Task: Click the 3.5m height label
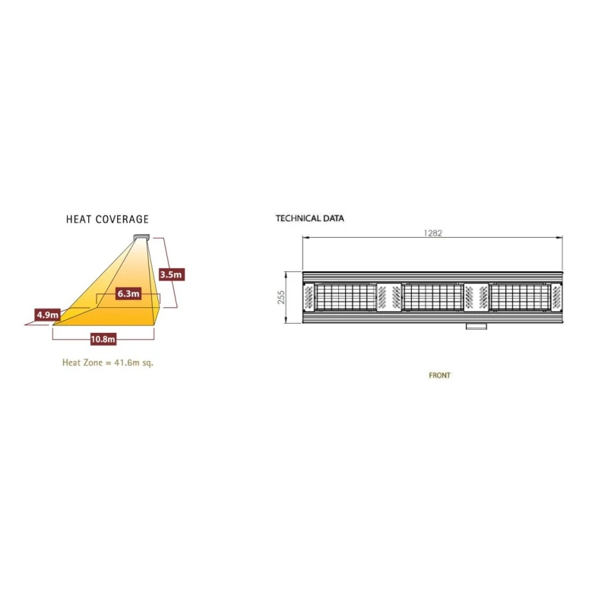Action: coord(172,274)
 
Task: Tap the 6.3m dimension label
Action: coord(128,293)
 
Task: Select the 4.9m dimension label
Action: coord(48,315)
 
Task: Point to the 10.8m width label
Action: coord(103,339)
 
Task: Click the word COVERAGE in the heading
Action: coord(122,219)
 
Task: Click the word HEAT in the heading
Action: coord(79,219)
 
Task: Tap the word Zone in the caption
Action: coord(93,363)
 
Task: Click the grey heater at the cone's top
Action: coord(141,237)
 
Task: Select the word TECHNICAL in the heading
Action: coord(298,218)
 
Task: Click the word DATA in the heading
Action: coord(334,218)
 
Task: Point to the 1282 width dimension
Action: coord(432,233)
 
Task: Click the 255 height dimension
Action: coord(281,297)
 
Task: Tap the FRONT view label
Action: coord(440,375)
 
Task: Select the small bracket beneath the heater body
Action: coord(477,326)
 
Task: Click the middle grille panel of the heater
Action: coord(432,297)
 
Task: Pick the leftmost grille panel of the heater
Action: coord(345,297)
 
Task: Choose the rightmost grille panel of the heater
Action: coord(521,297)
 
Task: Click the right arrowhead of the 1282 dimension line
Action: coord(559,237)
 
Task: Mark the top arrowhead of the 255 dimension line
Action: coord(286,274)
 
